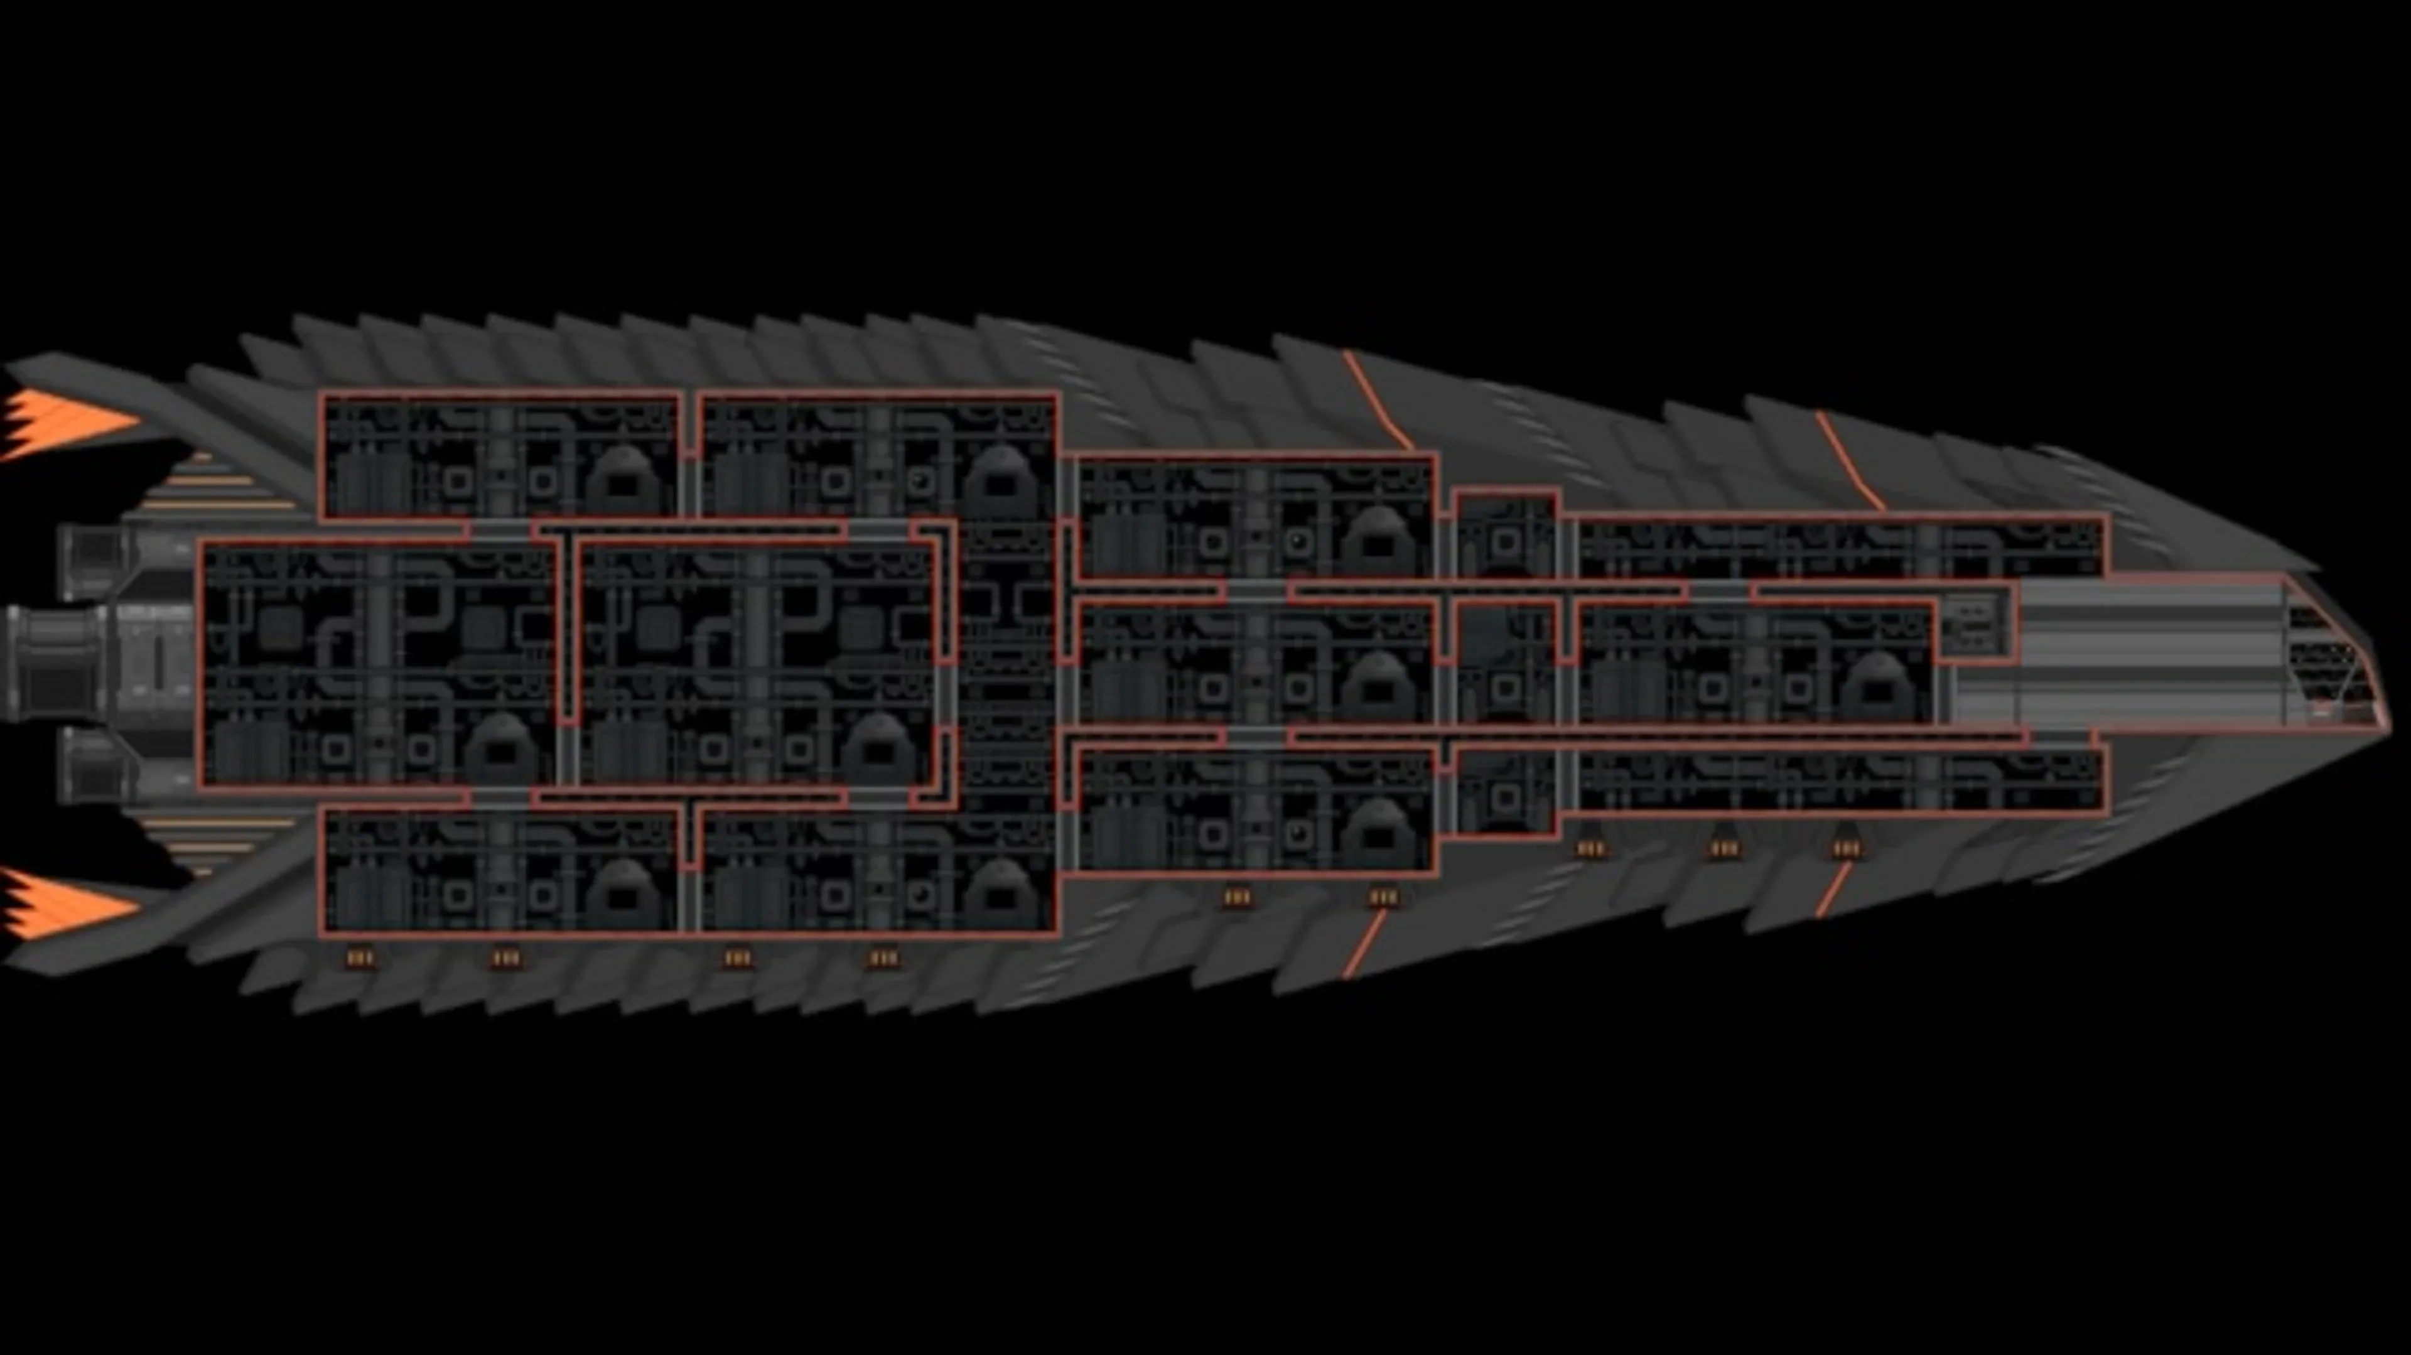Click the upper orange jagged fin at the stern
(x=65, y=423)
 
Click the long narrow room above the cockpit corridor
(x=1839, y=548)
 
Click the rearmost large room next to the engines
(x=379, y=664)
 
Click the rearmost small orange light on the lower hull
(x=360, y=958)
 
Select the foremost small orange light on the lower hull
(x=1846, y=849)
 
